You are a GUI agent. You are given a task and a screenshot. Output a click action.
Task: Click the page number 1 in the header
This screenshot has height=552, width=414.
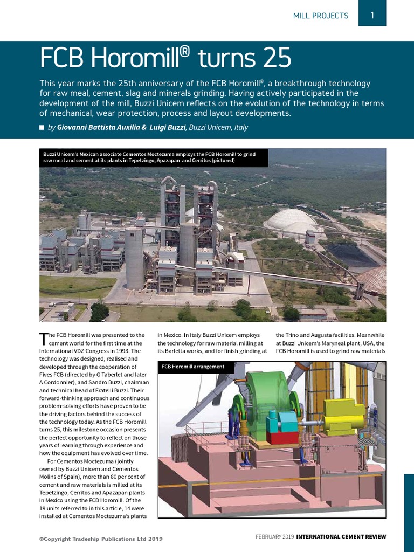click(x=372, y=16)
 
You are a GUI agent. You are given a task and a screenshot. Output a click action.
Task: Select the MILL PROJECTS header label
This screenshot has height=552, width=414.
click(x=320, y=16)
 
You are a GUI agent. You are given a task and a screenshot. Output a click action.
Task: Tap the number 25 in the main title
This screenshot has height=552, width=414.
click(x=273, y=58)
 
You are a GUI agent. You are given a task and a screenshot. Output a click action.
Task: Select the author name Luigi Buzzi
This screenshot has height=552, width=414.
click(x=168, y=127)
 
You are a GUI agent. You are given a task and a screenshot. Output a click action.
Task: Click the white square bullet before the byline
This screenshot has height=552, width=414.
click(x=42, y=128)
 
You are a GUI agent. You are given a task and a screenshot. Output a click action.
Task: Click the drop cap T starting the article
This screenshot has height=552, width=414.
click(x=44, y=339)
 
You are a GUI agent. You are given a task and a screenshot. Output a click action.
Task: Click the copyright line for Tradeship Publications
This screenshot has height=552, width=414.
click(x=101, y=539)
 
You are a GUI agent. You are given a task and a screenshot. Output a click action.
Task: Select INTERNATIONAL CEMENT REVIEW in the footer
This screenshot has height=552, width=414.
click(x=341, y=536)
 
